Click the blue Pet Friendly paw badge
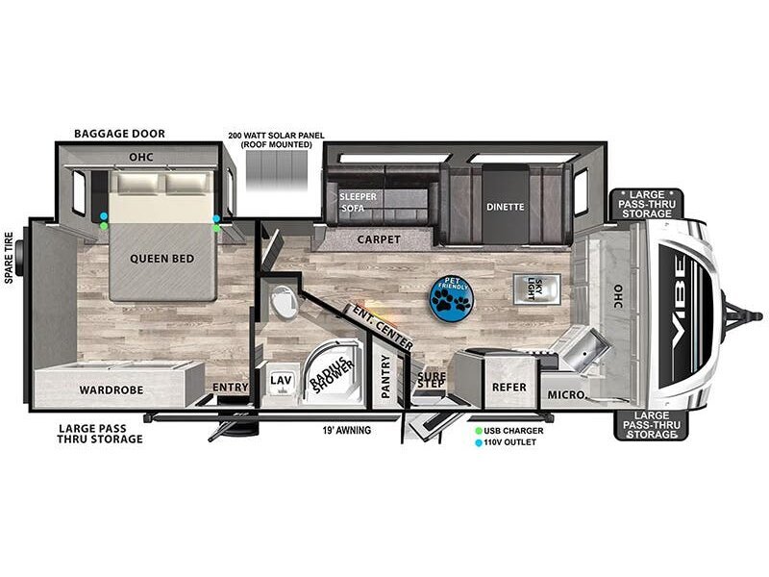tap(451, 299)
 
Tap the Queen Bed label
tap(161, 259)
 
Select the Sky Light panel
tap(536, 289)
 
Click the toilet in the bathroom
tap(284, 302)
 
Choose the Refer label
tap(509, 388)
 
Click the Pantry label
tap(385, 376)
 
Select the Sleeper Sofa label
tap(358, 202)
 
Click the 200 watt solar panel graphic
tap(277, 170)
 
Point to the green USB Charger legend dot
tap(478, 431)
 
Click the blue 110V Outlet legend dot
tap(478, 442)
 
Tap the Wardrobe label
tap(112, 390)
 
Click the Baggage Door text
tap(119, 134)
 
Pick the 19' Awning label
tap(346, 430)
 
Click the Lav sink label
tap(282, 380)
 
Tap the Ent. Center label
tap(383, 328)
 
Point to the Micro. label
tap(566, 394)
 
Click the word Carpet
tap(379, 239)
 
